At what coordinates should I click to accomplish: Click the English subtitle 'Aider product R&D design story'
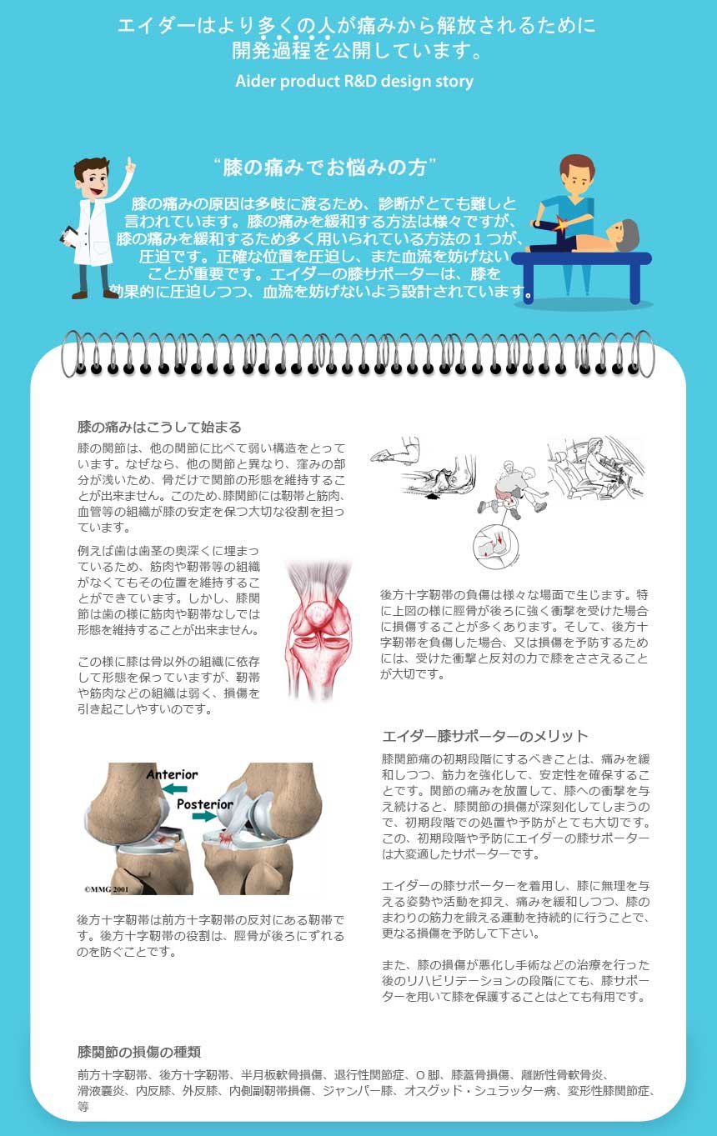[354, 82]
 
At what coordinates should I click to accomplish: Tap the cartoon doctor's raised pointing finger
[130, 163]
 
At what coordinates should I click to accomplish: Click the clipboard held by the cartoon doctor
[68, 236]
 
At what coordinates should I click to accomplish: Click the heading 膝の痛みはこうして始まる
[159, 427]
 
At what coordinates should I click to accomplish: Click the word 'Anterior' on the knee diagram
[172, 774]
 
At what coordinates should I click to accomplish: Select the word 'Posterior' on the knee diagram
[204, 804]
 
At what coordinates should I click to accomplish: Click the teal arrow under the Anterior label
[175, 788]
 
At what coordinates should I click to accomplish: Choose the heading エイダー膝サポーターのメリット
[485, 736]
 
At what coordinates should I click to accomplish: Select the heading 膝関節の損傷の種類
[139, 1052]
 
